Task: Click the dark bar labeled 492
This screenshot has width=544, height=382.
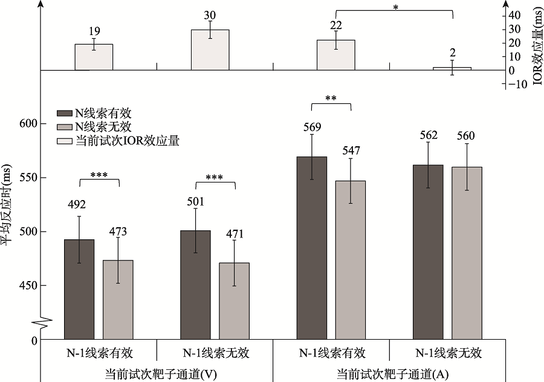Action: coord(79,289)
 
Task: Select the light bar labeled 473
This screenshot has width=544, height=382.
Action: coord(118,299)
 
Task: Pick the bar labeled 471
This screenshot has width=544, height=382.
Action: coord(234,300)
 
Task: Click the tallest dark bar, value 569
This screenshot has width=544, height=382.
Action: coord(311,248)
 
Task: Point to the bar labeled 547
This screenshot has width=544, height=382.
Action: coord(351,260)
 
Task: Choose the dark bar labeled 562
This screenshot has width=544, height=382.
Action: coord(428,251)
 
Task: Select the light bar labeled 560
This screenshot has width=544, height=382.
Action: coord(467,253)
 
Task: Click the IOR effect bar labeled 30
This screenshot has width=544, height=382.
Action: coord(210,50)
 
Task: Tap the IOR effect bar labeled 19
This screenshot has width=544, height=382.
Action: coord(94,57)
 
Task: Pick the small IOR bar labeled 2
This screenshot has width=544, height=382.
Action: coord(452,68)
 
